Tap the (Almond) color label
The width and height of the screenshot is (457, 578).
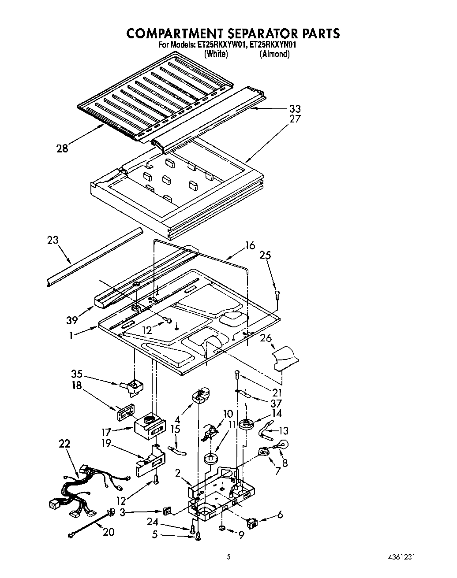274,54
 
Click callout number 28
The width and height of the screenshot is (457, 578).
63,148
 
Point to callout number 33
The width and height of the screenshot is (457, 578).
295,108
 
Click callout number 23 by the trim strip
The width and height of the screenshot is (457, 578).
52,241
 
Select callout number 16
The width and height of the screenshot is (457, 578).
250,245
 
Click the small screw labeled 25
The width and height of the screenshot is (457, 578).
277,294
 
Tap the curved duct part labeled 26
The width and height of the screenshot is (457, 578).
285,357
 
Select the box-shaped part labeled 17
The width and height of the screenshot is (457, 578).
149,425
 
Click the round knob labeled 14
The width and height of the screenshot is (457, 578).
246,425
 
